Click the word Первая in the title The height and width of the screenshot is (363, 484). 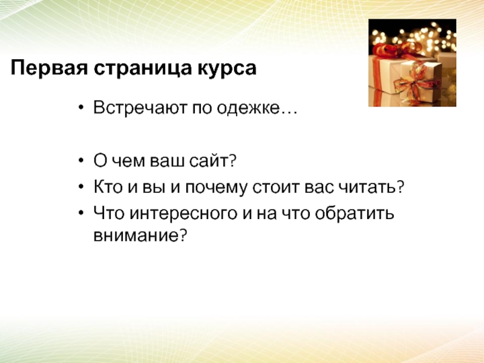coord(49,68)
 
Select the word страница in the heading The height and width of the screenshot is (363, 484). coord(142,68)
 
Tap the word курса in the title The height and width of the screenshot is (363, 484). coord(226,68)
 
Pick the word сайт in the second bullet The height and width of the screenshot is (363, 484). coord(212,160)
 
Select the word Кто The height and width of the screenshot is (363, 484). coord(108,187)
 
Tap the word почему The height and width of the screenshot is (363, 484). coord(216,188)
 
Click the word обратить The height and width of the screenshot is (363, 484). coord(355,213)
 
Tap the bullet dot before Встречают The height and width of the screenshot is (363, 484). coord(81,108)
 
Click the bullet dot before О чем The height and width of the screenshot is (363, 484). coord(81,160)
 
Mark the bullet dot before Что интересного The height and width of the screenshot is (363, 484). coord(81,213)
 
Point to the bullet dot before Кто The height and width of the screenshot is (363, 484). coord(81,187)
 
